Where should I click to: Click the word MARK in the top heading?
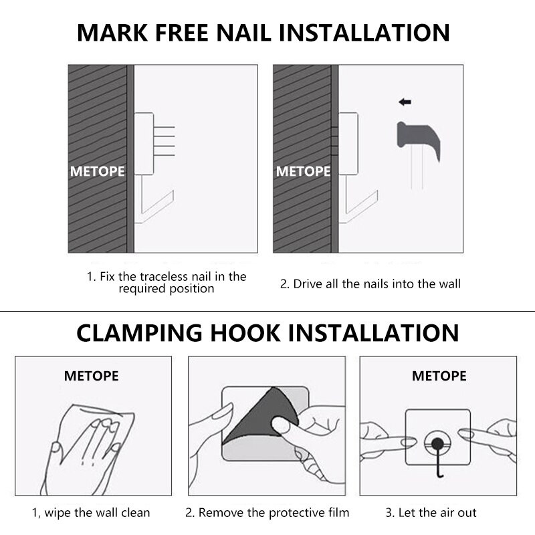[112, 33]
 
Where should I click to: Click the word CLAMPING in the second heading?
[139, 333]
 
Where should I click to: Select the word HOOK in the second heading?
[245, 333]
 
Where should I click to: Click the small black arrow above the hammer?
[405, 102]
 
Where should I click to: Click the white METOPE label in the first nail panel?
[97, 171]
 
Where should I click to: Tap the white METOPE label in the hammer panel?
[304, 171]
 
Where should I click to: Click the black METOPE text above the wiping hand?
[92, 376]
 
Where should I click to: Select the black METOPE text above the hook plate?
[439, 376]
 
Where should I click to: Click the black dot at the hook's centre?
[437, 443]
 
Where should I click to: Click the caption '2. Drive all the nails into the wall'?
[370, 284]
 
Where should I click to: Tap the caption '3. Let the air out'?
[431, 512]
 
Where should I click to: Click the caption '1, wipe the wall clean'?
[91, 513]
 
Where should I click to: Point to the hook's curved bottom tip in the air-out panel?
[441, 476]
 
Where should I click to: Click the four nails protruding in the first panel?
[164, 141]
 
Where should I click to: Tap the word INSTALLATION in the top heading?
[364, 33]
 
